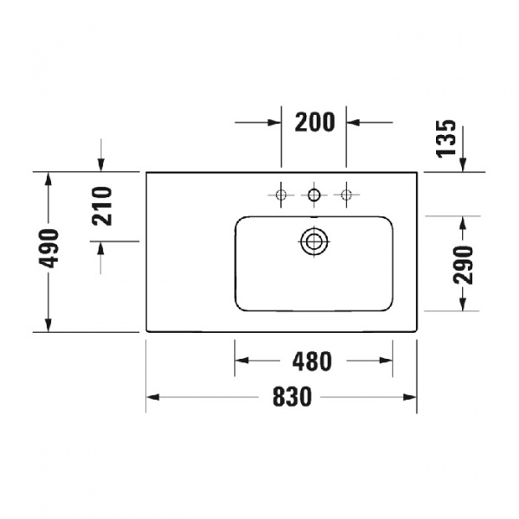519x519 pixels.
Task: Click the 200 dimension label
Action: tap(314, 123)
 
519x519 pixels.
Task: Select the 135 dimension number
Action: tap(445, 138)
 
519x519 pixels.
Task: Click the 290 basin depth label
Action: tap(465, 264)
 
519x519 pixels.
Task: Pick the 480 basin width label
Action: tap(312, 362)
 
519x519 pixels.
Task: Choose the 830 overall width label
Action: tap(292, 397)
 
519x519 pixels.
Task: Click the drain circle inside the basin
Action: tap(314, 241)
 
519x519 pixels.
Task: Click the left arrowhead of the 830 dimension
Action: tap(153, 397)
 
